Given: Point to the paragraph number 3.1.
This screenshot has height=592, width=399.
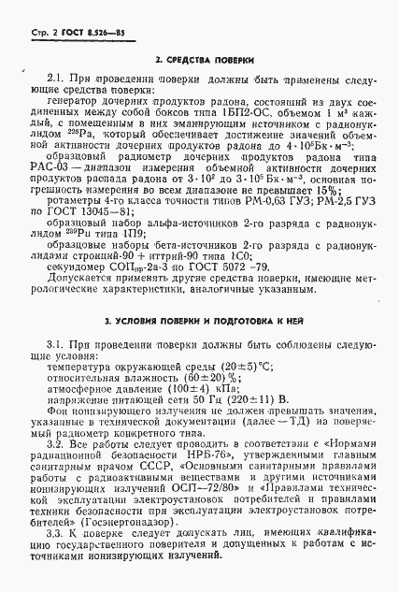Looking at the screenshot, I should point(55,345).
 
